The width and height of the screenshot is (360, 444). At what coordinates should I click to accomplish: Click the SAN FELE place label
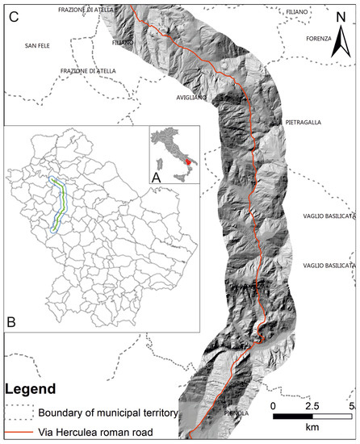(x=37, y=46)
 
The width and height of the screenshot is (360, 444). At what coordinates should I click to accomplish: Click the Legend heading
(x=29, y=387)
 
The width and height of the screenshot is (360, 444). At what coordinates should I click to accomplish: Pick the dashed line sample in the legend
(x=19, y=414)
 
